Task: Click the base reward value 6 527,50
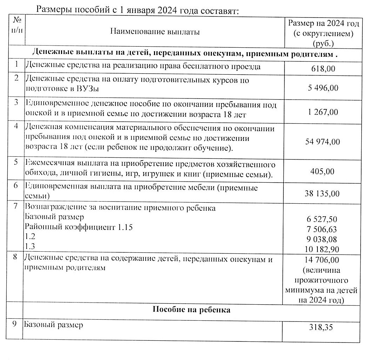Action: point(322,219)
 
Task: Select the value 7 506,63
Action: point(322,229)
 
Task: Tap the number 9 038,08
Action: point(322,239)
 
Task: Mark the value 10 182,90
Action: point(322,250)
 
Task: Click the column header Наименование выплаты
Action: point(155,32)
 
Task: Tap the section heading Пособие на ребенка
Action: point(192,310)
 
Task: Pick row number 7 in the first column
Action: point(16,206)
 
